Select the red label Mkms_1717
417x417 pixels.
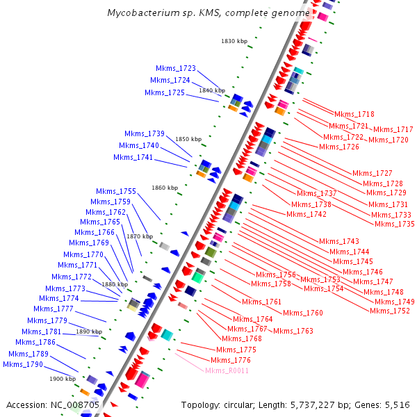[393, 129]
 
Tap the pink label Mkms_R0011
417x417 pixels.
[227, 370]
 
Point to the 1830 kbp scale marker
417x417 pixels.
[234, 41]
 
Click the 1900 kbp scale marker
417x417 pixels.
[62, 379]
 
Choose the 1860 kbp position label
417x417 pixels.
[165, 188]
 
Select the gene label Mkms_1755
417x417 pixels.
[116, 191]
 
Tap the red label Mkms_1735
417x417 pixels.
[394, 224]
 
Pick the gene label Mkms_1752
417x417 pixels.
[389, 311]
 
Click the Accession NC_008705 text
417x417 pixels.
[53, 404]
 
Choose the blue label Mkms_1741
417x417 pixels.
[133, 157]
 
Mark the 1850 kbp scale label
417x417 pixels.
[188, 139]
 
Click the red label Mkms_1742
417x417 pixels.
[306, 214]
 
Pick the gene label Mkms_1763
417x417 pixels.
[293, 331]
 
